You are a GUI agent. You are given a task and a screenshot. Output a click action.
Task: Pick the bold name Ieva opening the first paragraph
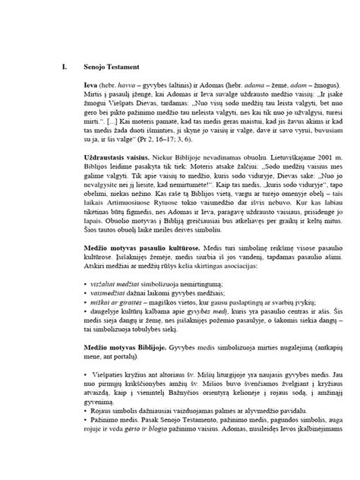(90, 83)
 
